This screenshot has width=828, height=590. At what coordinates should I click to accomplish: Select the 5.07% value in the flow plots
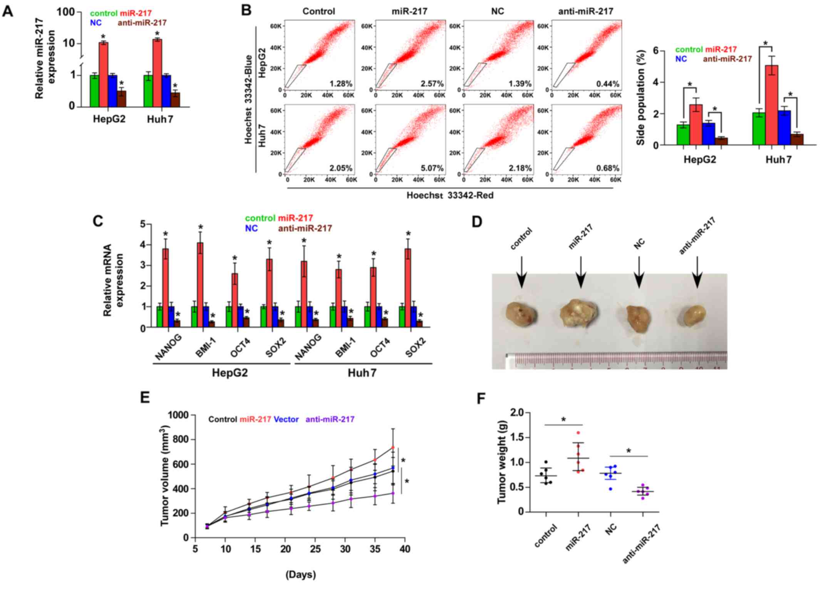(432, 168)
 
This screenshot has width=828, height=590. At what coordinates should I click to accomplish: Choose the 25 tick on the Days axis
(315, 548)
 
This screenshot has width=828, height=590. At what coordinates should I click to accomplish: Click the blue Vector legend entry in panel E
(286, 419)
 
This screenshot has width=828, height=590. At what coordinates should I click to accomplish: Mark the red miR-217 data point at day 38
(393, 448)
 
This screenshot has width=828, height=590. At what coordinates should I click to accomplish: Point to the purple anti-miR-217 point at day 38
(393, 493)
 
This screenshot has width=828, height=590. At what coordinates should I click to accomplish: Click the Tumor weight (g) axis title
(502, 462)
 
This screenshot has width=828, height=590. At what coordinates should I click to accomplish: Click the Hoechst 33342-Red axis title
(450, 195)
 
